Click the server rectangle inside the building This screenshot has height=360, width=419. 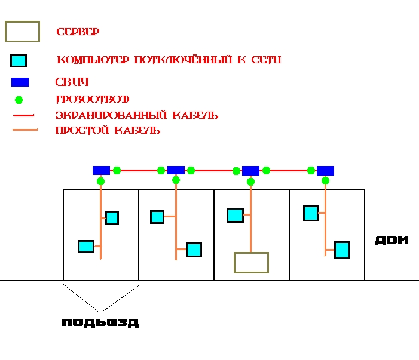[x=251, y=262]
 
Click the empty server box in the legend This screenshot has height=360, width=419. [x=23, y=32]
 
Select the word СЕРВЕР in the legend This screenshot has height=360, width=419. [x=78, y=31]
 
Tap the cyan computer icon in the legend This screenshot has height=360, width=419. [x=19, y=60]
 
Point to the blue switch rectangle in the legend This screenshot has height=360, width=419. [x=20, y=82]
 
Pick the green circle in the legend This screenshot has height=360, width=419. [x=19, y=99]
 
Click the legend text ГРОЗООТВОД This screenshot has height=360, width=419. [x=93, y=99]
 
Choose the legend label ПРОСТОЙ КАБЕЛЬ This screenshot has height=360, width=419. [x=108, y=130]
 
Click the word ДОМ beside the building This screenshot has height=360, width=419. [x=392, y=240]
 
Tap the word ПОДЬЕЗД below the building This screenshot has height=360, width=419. [x=100, y=322]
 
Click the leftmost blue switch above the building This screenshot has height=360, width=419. [x=101, y=170]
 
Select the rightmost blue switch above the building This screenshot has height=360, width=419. [x=325, y=170]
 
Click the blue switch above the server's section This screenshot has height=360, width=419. [x=250, y=170]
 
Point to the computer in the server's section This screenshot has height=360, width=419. [x=235, y=215]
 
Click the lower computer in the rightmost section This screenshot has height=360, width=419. [x=342, y=250]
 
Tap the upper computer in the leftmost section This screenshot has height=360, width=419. [x=112, y=218]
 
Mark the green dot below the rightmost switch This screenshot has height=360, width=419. [x=325, y=180]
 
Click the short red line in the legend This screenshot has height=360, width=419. [x=24, y=115]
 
